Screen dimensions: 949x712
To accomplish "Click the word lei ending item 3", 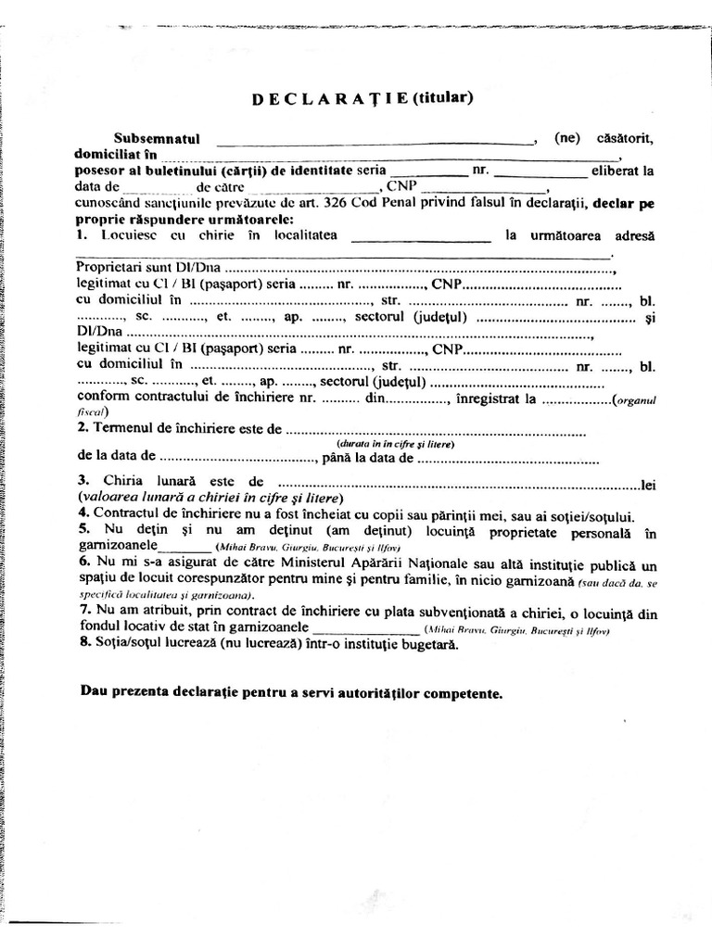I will pyautogui.click(x=648, y=485).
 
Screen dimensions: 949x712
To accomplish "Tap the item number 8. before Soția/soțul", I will pyautogui.click(x=83, y=645).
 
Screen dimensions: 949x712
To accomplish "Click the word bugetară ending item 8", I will pyautogui.click(x=429, y=645).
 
